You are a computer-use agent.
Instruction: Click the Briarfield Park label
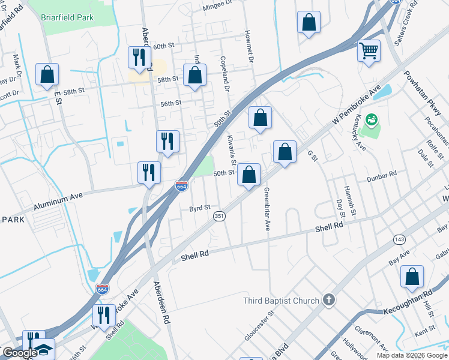pos(67,17)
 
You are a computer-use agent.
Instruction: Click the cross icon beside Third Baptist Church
pos(328,299)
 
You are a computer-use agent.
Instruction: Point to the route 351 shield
pos(220,215)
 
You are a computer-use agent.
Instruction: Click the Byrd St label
pos(200,208)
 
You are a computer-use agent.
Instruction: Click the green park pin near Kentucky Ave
pos(373,121)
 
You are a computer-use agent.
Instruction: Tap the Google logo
pos(19,353)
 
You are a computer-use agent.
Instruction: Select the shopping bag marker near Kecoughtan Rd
pos(412,277)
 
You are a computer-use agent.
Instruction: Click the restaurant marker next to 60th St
pos(139,58)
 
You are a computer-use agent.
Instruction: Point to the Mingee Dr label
pos(217,4)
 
